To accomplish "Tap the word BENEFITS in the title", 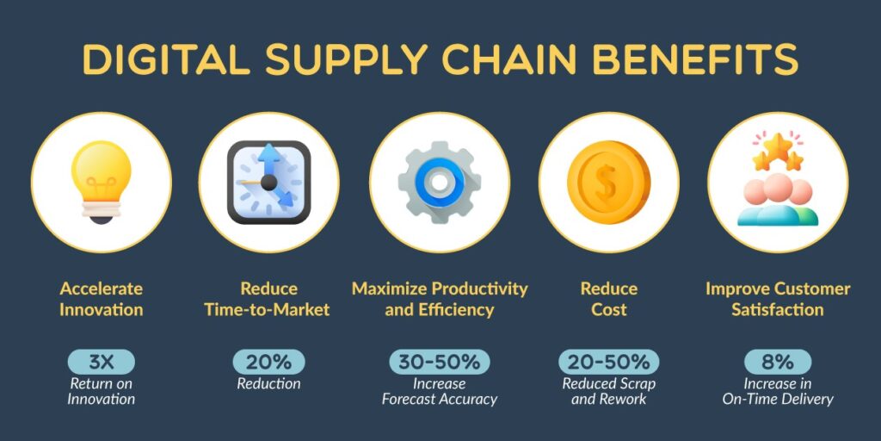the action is (695, 59).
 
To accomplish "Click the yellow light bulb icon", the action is (102, 182).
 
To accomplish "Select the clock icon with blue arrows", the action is (268, 183).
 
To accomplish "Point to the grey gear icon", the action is (439, 183).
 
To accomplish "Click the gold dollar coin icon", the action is (608, 183).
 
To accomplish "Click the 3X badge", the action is (102, 363).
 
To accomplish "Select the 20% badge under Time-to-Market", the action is (268, 363).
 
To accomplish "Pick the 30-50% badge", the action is (440, 363).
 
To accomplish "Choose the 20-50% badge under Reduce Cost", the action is (608, 363).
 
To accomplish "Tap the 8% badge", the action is (778, 363).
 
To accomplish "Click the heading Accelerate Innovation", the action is (102, 299).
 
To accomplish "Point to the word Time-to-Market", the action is (267, 310).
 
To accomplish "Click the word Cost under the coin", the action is (608, 310).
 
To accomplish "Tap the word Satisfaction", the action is (778, 310).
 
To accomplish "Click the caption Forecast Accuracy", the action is (440, 400).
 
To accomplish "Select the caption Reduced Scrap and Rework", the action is (608, 392).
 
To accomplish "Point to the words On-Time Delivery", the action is (778, 400).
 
